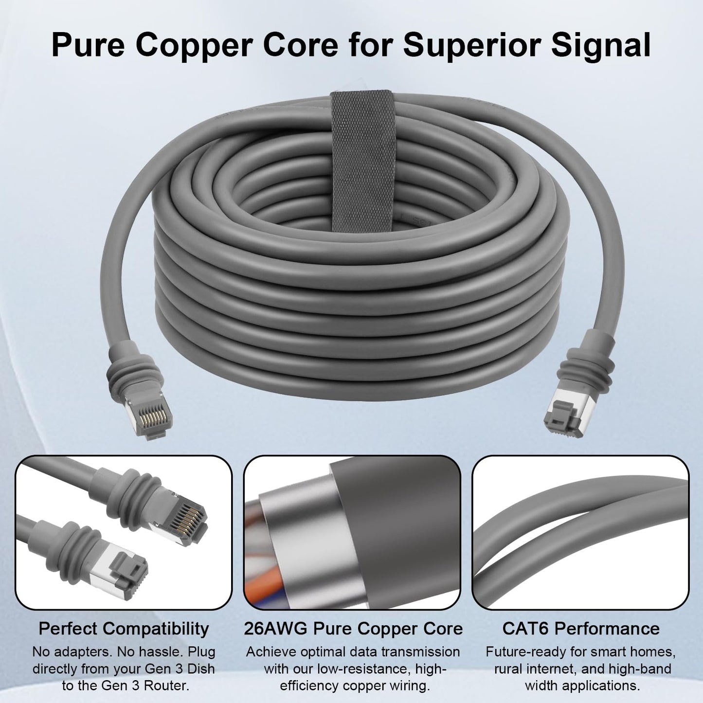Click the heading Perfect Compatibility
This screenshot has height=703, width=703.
click(124, 629)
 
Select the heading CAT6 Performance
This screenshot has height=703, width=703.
click(581, 629)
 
